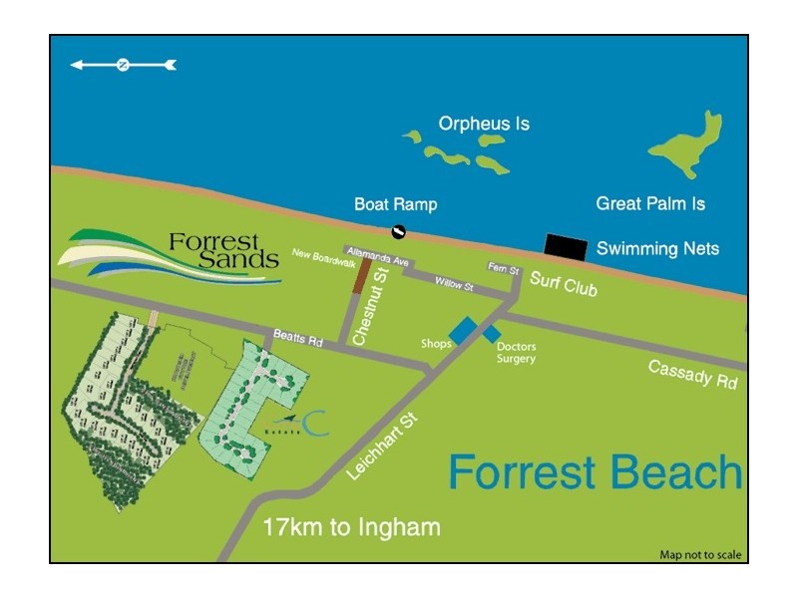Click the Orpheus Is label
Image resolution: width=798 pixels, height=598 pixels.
(484, 125)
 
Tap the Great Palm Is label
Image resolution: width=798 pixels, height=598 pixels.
(650, 203)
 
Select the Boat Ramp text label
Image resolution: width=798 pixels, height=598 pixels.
(395, 204)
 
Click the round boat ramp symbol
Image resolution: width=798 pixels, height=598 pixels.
(397, 233)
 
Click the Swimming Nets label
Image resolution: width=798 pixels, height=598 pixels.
(657, 248)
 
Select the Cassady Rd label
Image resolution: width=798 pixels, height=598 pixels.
(692, 374)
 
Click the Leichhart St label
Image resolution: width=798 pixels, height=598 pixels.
(382, 448)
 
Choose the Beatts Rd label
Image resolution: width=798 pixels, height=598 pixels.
(298, 339)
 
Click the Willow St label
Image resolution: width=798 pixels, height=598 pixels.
(454, 284)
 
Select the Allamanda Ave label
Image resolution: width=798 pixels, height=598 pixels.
(379, 259)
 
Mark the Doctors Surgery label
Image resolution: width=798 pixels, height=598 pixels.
(516, 353)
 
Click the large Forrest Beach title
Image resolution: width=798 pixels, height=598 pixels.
(595, 471)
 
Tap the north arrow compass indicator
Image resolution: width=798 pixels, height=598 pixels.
(123, 65)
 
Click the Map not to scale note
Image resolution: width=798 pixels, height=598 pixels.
(700, 555)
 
